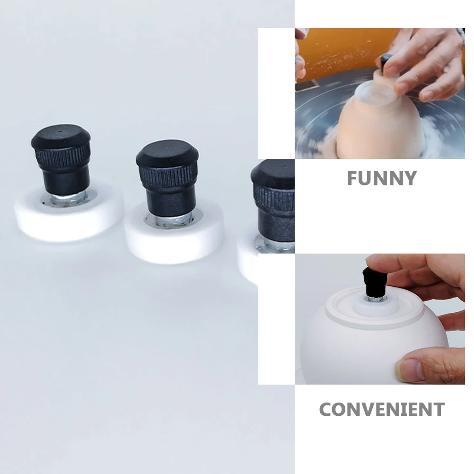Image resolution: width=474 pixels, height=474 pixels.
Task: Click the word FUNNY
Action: pos(381,178)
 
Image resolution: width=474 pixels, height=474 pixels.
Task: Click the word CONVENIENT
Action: pos(382,409)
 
